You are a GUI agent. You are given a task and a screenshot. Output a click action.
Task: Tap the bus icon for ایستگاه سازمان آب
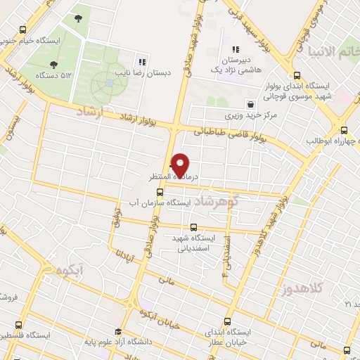pos(160,191)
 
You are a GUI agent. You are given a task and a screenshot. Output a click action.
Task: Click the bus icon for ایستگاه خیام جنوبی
pos(23,30)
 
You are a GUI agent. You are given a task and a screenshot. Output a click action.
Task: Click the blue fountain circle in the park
pos(109,83)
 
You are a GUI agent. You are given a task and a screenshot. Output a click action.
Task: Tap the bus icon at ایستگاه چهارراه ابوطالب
pos(344,129)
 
